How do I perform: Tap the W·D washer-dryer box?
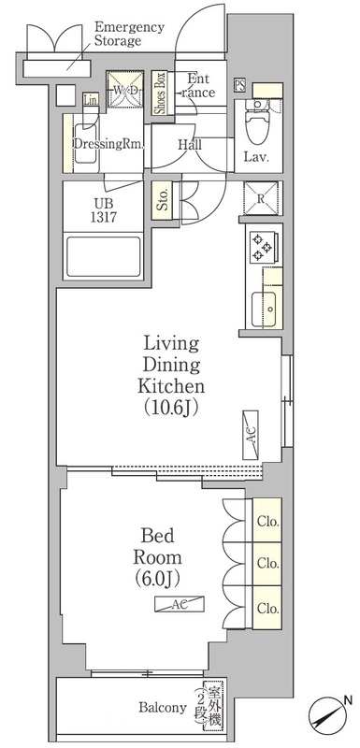122,90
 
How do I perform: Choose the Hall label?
191,146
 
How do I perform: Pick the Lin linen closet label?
91,100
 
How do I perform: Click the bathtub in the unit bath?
102,255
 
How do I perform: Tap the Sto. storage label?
163,199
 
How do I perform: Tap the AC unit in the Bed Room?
179,605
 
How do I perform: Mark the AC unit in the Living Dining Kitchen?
252,434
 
